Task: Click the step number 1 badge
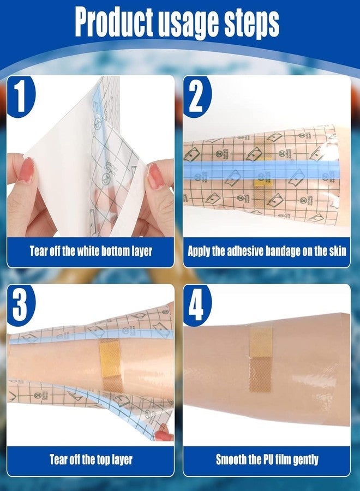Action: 20,98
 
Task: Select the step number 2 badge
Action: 196,98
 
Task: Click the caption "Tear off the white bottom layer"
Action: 91,252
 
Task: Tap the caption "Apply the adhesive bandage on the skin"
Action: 267,252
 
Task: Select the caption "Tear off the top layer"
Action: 91,460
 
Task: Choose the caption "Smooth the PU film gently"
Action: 267,460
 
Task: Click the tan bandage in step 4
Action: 261,357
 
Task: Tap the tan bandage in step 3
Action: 111,364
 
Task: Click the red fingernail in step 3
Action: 162,435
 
